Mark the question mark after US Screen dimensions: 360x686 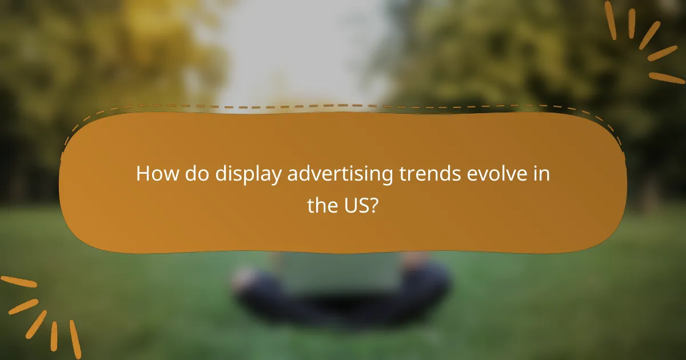[374, 205]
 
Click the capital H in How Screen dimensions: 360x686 [143, 174]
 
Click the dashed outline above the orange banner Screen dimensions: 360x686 [343, 106]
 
